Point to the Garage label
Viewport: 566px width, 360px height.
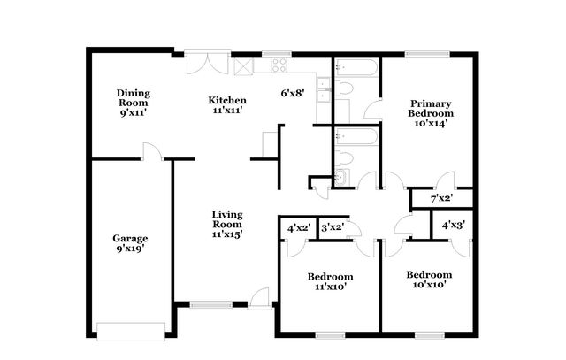pos(130,243)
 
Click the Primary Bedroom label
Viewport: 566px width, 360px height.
pos(431,113)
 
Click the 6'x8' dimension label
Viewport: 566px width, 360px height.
pos(293,93)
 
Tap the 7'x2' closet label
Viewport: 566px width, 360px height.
pos(441,198)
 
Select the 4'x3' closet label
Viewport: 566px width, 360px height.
pos(454,225)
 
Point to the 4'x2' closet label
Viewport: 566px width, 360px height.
pos(299,227)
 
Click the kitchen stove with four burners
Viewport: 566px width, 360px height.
pos(279,65)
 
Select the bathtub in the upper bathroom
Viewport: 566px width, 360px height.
pos(356,67)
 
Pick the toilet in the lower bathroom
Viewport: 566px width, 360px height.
pos(346,159)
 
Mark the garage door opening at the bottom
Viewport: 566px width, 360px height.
pos(130,332)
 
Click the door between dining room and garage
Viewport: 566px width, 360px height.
pos(152,152)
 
